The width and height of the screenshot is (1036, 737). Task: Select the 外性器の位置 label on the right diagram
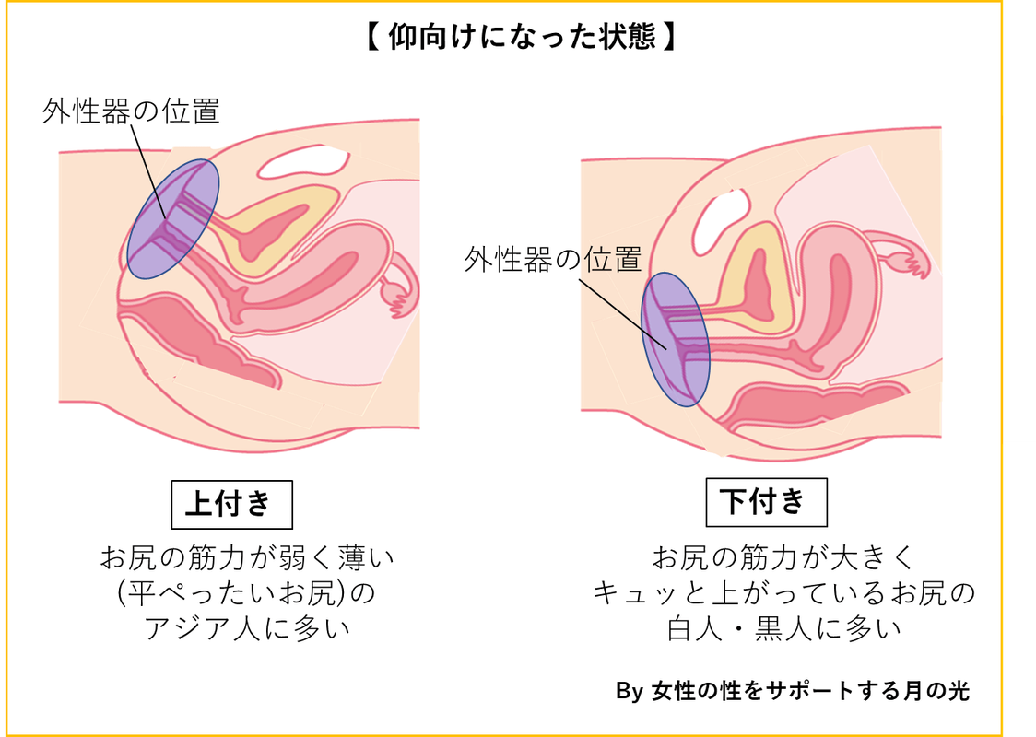coord(552,261)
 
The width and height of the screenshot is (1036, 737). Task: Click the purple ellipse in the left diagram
coord(172,219)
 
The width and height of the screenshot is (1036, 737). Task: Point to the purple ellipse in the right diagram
coord(675,338)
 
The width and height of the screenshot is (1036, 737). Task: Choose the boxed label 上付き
coord(231,503)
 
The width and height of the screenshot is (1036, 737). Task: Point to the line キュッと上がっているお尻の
coord(783,593)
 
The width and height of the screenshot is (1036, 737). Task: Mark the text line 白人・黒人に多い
coord(783,629)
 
